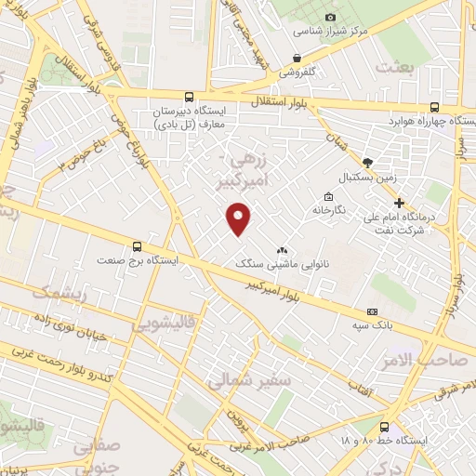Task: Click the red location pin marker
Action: point(240,217)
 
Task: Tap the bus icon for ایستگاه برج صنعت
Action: point(138,246)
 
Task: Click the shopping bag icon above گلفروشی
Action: point(297,58)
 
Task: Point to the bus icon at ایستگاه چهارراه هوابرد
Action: point(435,107)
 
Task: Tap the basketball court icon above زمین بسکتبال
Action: point(368,161)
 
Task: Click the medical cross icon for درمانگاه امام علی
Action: point(400,203)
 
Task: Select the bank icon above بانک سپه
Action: point(373,311)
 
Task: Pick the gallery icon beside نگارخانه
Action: point(327,196)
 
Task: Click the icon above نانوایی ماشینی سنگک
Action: point(283,250)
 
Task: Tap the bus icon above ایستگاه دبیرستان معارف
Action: point(190,96)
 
